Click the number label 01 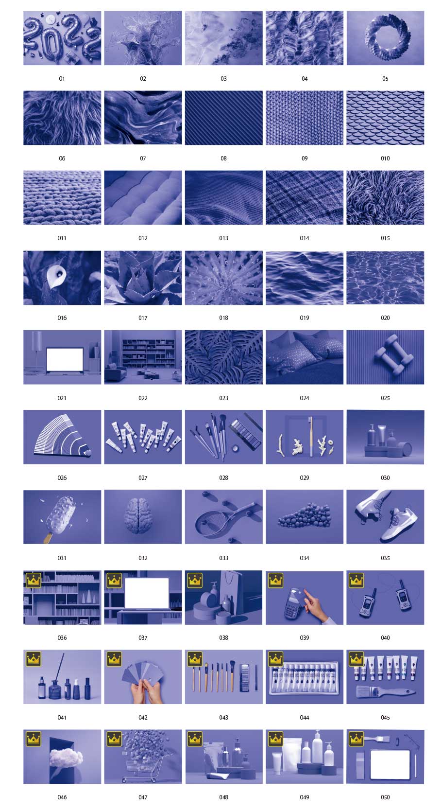[62, 79]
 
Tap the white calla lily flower [54, 277]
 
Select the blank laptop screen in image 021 [65, 359]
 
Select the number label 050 [385, 797]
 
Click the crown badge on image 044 [275, 659]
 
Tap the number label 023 [224, 398]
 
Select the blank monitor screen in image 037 [147, 593]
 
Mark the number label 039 [305, 637]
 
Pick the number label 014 [305, 238]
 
